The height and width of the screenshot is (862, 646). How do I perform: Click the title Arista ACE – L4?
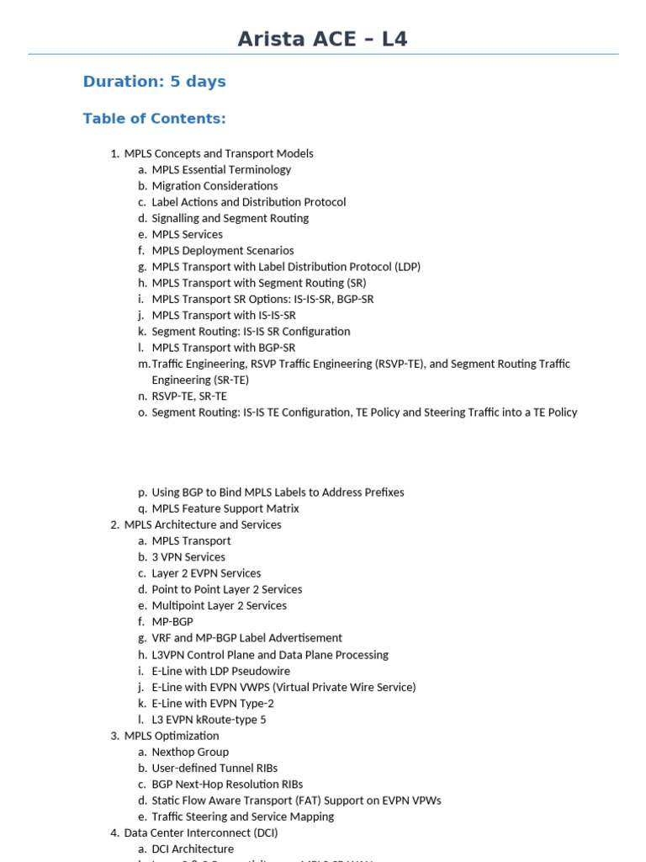(322, 39)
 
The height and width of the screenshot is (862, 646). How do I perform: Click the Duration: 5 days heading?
(154, 82)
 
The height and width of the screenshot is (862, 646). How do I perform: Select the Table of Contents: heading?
(154, 119)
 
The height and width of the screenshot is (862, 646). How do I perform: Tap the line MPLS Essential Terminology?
(221, 169)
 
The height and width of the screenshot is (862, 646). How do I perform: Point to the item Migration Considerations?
(214, 185)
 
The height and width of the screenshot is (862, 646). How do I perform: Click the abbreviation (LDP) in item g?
(406, 267)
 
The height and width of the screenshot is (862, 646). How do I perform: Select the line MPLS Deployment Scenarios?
(223, 250)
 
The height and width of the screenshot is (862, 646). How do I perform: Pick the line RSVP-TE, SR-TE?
(189, 396)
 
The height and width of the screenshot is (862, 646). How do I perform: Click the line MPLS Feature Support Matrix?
(225, 508)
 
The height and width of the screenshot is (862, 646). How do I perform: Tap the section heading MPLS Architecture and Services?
(203, 524)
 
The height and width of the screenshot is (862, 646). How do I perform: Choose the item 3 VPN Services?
(188, 557)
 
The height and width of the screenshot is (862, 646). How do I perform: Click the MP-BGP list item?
(172, 622)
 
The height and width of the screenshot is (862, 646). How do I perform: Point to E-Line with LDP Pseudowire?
(220, 671)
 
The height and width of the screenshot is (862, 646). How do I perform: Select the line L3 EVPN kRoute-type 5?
(209, 720)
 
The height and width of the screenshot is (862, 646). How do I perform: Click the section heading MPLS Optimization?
(172, 736)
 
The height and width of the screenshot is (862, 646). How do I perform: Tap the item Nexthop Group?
(190, 752)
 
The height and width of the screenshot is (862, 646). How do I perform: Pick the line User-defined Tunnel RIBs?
(214, 768)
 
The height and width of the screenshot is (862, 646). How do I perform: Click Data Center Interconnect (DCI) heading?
(201, 833)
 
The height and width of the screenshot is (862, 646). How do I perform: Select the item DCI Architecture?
(193, 849)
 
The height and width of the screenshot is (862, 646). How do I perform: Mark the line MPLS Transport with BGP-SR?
(223, 348)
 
